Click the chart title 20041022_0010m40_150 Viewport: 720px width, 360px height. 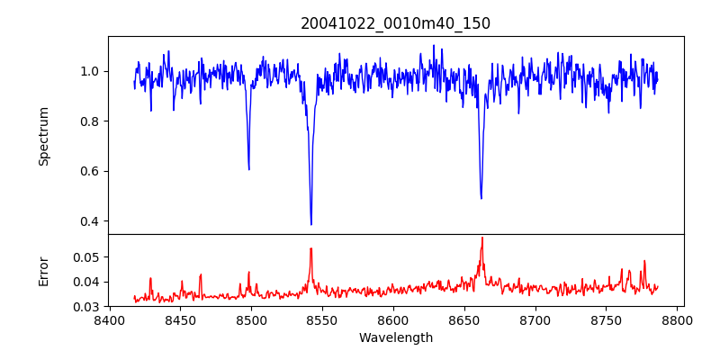tap(395, 23)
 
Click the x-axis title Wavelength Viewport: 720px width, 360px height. tap(395, 337)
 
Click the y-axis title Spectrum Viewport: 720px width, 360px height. tap(43, 136)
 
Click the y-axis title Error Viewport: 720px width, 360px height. tap(43, 271)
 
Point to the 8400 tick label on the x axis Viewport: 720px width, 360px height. tap(110, 320)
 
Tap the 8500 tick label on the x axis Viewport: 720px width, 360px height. tap(251, 320)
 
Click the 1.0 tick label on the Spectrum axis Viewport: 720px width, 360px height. tap(91, 71)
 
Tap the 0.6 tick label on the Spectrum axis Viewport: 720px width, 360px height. tap(91, 171)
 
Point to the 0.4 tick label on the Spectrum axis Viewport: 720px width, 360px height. tap(91, 221)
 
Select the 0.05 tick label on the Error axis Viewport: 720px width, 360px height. tap(87, 257)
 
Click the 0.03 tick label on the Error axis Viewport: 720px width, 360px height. tap(87, 307)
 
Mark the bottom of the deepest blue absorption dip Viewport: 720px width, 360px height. tap(311, 224)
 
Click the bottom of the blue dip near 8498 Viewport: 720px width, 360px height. tap(248, 169)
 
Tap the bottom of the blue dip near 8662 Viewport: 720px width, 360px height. tap(481, 198)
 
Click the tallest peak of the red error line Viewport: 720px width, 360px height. tap(482, 238)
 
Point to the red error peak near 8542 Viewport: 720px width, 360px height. tap(310, 248)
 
